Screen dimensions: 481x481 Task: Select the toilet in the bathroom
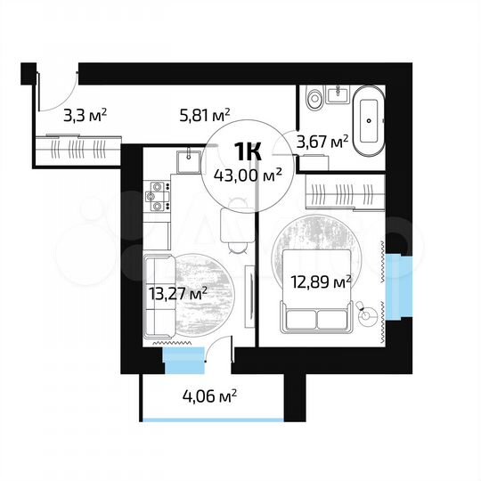pos(312,99)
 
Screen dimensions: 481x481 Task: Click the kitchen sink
pos(187,160)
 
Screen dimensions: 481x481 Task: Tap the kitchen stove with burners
pos(158,196)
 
